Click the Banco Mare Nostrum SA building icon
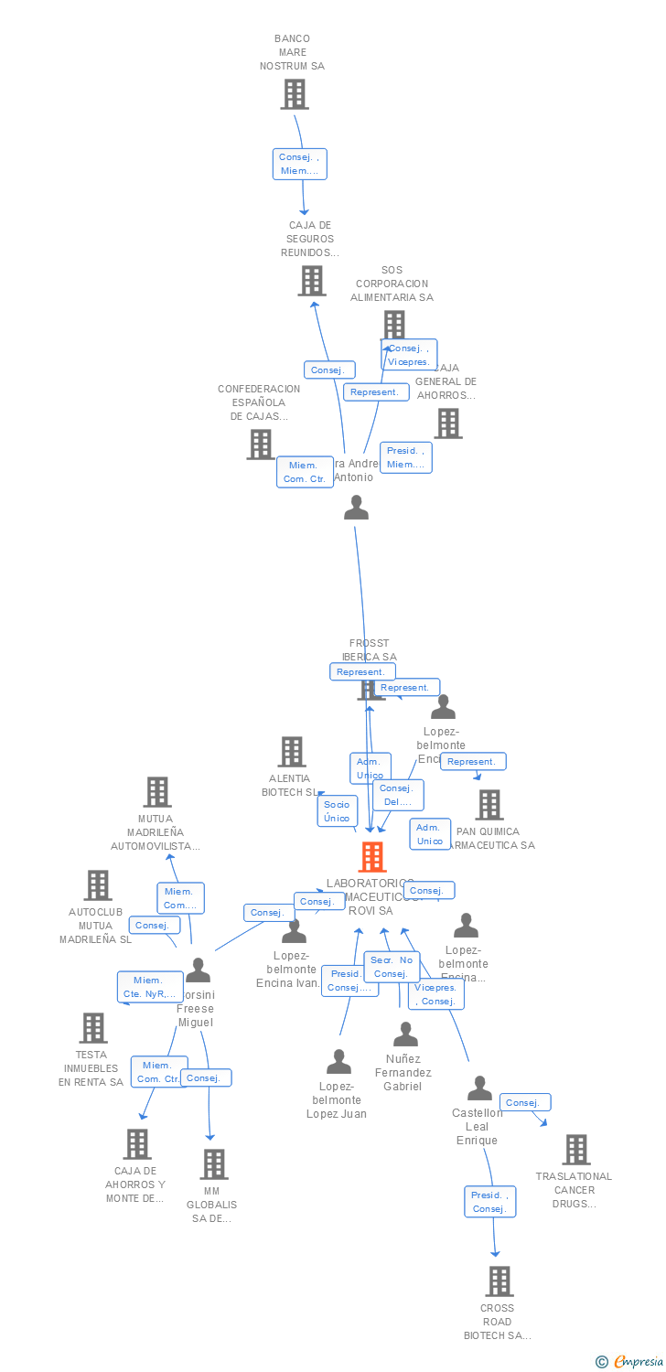(294, 94)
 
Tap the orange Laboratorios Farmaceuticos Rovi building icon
(371, 857)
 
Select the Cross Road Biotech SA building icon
(499, 1281)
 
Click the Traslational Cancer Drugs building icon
(575, 1150)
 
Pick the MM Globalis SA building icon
(214, 1164)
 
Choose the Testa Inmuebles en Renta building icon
(92, 1028)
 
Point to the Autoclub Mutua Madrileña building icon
(98, 885)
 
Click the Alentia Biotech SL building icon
(291, 752)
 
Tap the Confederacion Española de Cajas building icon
(261, 445)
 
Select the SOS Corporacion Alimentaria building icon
(393, 325)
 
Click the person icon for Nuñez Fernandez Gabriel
(405, 1034)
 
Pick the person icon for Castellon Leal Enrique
(479, 1088)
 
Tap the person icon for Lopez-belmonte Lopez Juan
(338, 1062)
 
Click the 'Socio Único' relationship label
(337, 811)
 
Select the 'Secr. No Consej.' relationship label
(392, 967)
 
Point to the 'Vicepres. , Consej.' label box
(435, 994)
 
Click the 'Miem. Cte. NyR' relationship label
(149, 987)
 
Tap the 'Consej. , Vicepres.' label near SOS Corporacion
(408, 355)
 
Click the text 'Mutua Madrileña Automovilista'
(156, 832)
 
